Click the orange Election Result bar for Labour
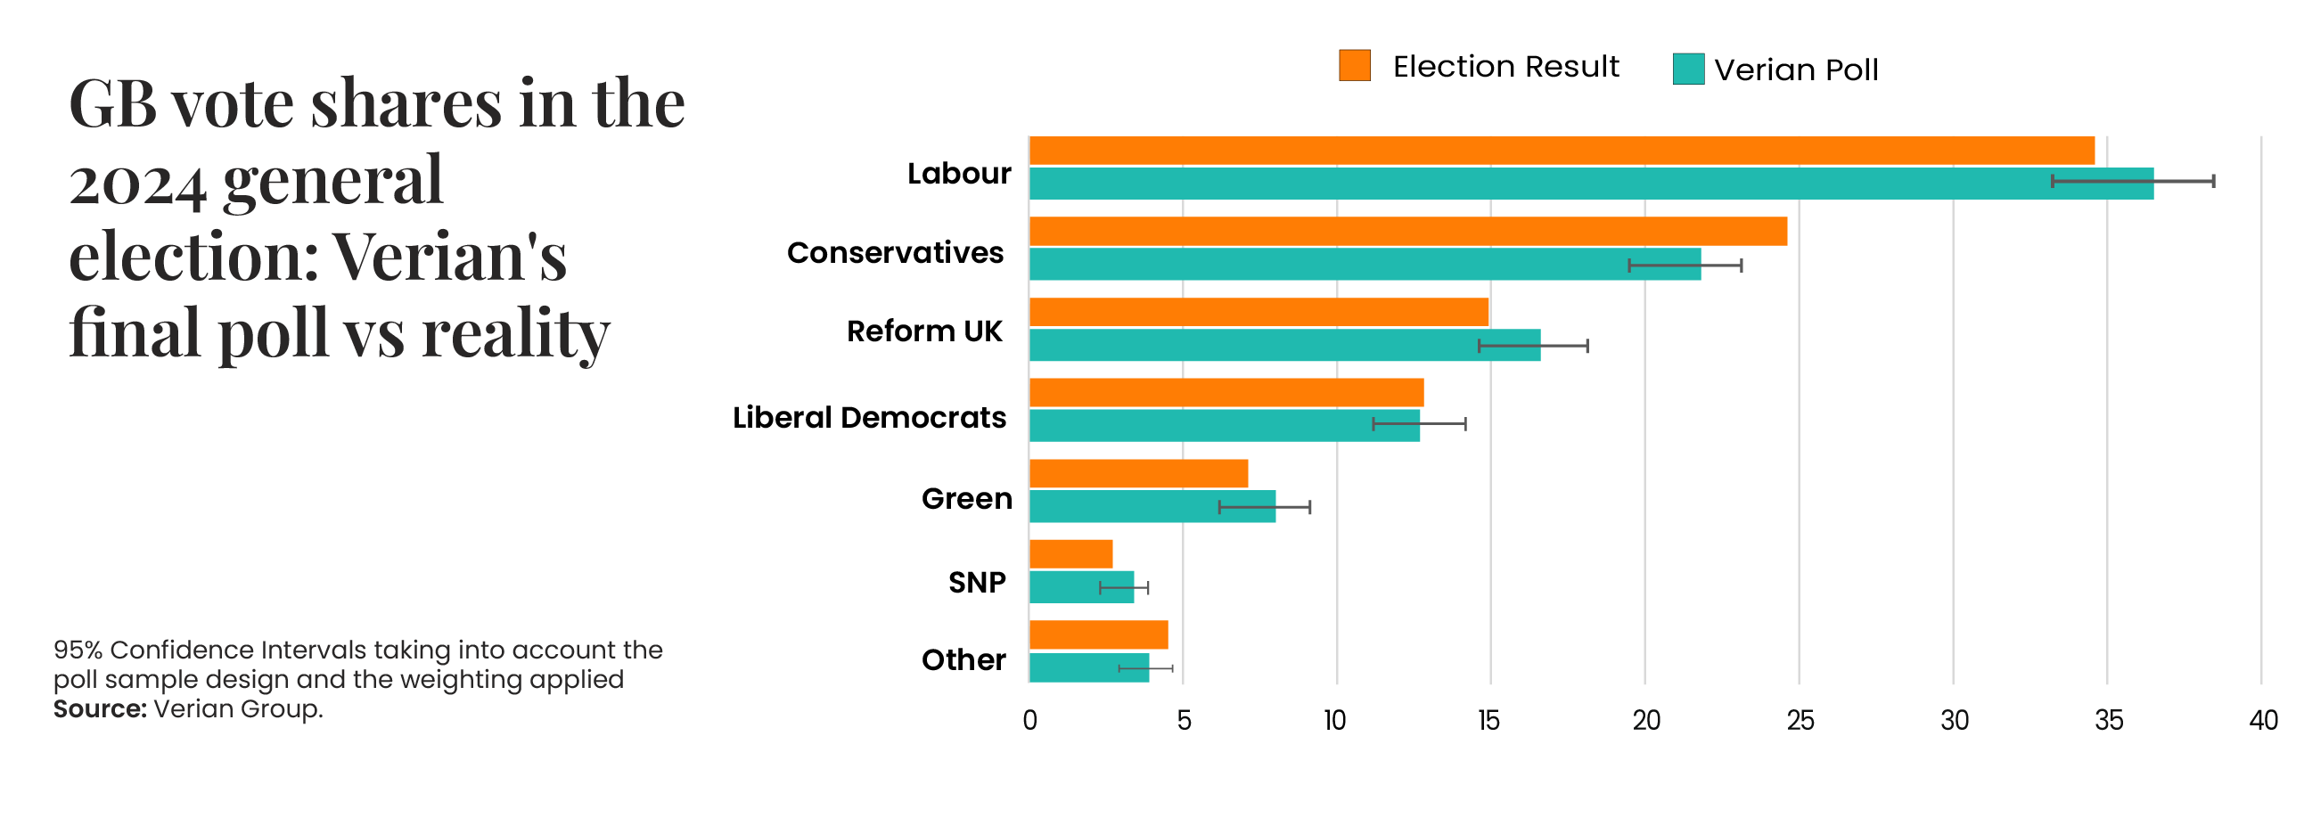coord(1561,151)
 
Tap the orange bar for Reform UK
coord(1259,312)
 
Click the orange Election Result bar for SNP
coord(1070,554)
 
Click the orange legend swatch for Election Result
coord(1354,66)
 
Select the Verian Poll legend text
coord(1795,70)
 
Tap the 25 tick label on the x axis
coord(1800,722)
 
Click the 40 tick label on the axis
coord(2263,722)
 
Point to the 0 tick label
coord(1029,722)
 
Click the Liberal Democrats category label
coord(868,419)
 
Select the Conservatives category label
coord(894,253)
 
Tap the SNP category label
coord(977,583)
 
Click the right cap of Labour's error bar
coord(2213,182)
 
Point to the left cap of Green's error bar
coord(1219,508)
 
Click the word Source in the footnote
coord(98,710)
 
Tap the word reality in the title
coord(515,334)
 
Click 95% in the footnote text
coord(77,650)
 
